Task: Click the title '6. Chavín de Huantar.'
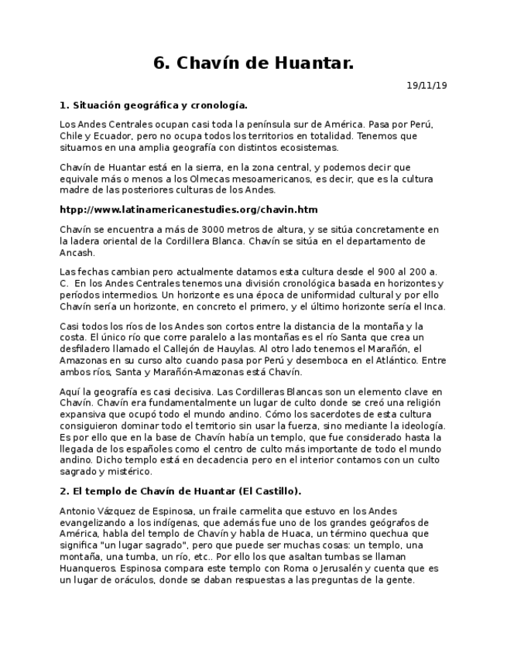pos(253,63)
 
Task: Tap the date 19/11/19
pos(427,86)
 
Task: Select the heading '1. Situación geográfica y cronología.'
pos(153,105)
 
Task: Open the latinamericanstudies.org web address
pos(189,210)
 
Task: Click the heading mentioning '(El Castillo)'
pos(180,491)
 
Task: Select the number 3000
pos(214,230)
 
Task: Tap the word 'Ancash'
pos(77,253)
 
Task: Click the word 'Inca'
pos(434,306)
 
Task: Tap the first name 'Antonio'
pos(77,511)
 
